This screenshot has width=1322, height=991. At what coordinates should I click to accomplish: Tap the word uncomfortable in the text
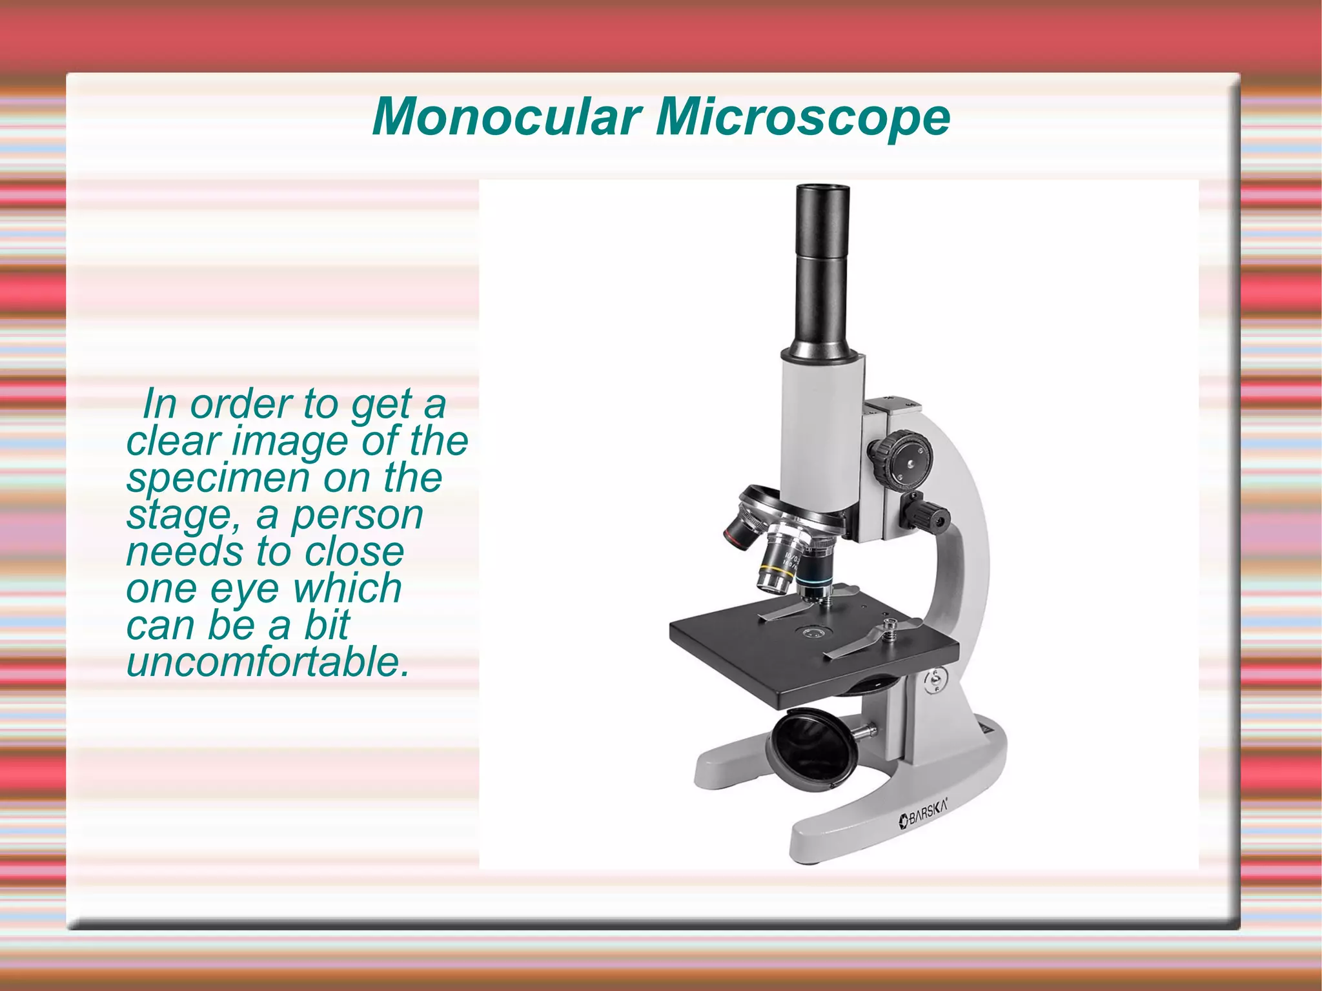coord(268,662)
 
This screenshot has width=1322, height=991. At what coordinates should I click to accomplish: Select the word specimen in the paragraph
coord(218,478)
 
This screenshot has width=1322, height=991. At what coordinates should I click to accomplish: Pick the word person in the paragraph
coord(358,516)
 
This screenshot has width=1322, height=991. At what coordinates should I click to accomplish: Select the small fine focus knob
coord(930,515)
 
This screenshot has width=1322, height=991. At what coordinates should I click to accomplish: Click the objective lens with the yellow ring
coord(778,569)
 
